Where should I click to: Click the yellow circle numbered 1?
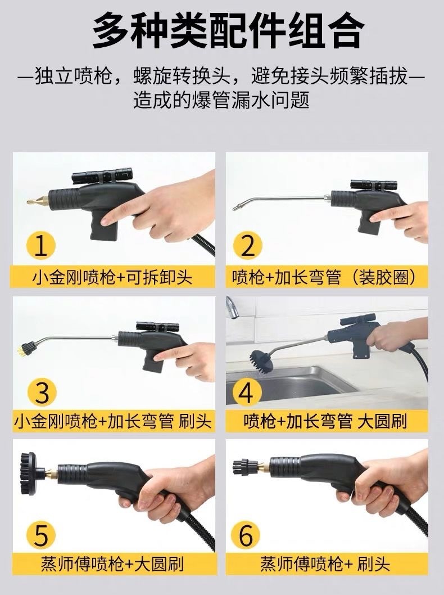(x=40, y=245)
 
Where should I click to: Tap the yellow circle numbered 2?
(x=247, y=245)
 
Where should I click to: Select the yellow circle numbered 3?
(x=42, y=391)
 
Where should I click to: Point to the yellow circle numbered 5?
(x=42, y=535)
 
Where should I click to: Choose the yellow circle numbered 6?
(x=246, y=535)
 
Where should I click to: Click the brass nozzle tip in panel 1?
(x=38, y=200)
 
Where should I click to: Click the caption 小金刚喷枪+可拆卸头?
(x=112, y=277)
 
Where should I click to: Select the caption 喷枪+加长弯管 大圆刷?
(x=325, y=421)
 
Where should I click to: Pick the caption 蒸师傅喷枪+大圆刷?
(x=112, y=564)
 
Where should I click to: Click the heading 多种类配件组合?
(x=228, y=31)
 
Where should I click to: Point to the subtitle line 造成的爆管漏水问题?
(x=221, y=100)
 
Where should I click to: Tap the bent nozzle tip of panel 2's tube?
(x=237, y=208)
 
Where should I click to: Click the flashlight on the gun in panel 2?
(x=374, y=185)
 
